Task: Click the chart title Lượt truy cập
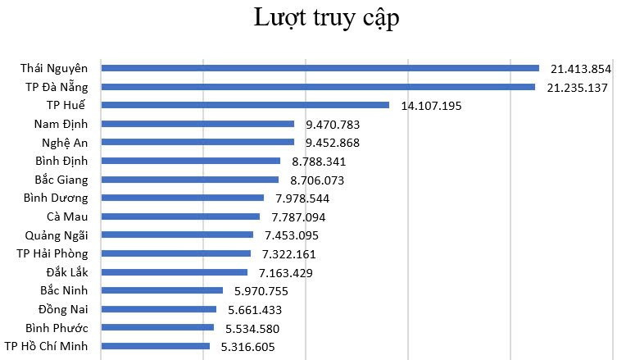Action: [x=326, y=18]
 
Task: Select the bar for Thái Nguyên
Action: [x=320, y=68]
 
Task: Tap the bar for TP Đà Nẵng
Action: [x=318, y=87]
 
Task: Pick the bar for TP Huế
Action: [x=245, y=105]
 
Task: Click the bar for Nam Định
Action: [x=197, y=124]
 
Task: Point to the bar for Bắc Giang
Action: [x=190, y=180]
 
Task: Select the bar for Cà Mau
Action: [x=180, y=216]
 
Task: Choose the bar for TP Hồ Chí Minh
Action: [x=155, y=346]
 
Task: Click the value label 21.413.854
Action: [x=582, y=69]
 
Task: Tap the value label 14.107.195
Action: [x=432, y=106]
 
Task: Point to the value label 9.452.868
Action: [x=333, y=143]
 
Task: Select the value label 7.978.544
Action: [x=302, y=198]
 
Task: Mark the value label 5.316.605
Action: [x=248, y=347]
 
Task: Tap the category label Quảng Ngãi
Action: [x=60, y=235]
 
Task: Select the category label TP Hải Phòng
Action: [x=52, y=253]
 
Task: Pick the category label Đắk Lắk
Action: [x=68, y=272]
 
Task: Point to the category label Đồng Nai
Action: [x=63, y=309]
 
